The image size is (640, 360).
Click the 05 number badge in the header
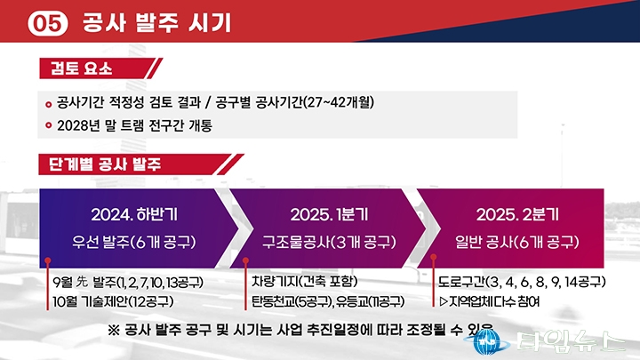[x=48, y=24]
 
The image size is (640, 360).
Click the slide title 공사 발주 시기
[x=156, y=23]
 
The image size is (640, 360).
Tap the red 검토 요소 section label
[x=81, y=68]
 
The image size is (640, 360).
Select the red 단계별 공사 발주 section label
[x=105, y=164]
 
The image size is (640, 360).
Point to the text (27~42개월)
[x=339, y=102]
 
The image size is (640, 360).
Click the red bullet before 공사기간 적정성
[x=49, y=105]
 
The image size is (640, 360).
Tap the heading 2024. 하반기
[x=134, y=215]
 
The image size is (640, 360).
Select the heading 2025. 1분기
[x=329, y=215]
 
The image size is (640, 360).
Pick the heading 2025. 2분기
[x=517, y=215]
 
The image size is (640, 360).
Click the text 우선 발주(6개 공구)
[x=134, y=242]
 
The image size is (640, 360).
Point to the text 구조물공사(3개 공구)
[x=329, y=242]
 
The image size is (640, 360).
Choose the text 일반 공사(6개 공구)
[x=517, y=242]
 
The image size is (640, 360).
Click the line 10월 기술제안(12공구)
[x=113, y=301]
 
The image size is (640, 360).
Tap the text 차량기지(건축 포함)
[x=305, y=281]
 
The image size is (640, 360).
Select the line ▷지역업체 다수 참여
[x=490, y=301]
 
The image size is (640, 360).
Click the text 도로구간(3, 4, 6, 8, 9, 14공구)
[x=522, y=282]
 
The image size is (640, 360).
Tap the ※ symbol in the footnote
[x=114, y=330]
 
